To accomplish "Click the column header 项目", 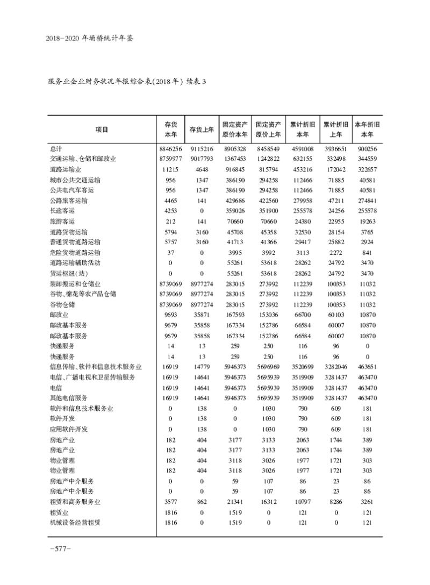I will (x=102, y=129).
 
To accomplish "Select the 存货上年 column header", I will (x=202, y=129).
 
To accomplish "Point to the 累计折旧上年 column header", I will (x=336, y=129).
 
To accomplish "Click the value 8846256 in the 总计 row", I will (x=170, y=148).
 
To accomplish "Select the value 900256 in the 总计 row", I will (x=368, y=148).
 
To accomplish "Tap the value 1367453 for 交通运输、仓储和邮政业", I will (x=235, y=159).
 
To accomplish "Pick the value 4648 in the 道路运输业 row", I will (x=202, y=169).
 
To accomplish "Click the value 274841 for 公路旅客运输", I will (x=368, y=200).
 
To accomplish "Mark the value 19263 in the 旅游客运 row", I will (x=368, y=221).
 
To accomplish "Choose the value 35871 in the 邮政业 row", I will (x=202, y=315).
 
